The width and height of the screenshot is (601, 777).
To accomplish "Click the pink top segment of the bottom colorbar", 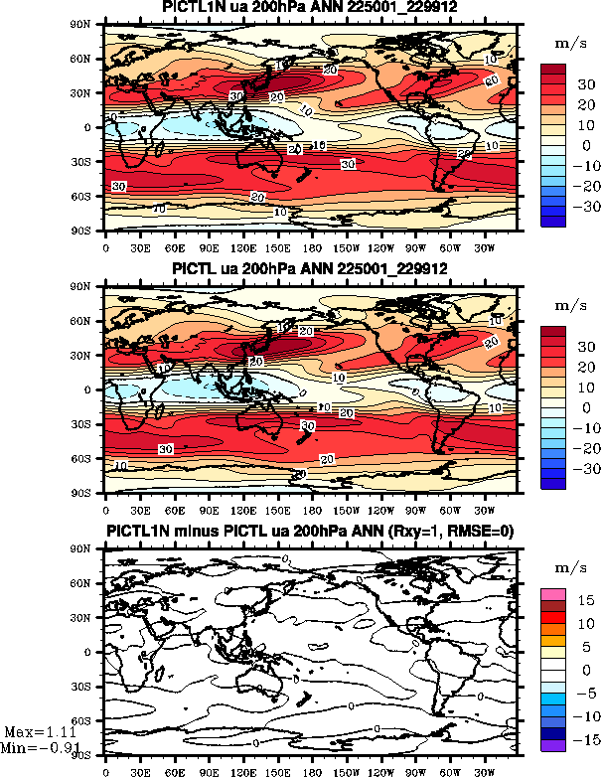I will click(x=552, y=594).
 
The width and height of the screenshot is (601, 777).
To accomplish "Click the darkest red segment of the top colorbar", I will click(x=552, y=71).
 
